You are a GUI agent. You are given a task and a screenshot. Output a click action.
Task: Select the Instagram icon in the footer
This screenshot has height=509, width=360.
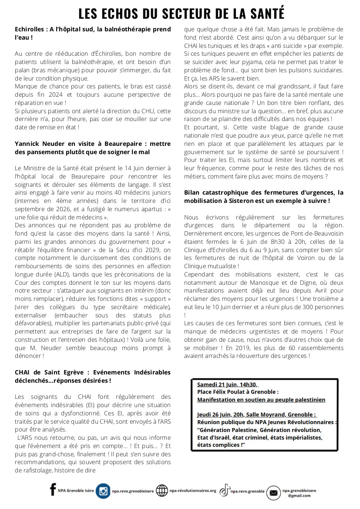(103, 491)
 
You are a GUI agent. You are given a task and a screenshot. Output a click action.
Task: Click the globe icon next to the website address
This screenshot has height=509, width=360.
(162, 491)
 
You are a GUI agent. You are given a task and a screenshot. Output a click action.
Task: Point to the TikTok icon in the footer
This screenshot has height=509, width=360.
(224, 491)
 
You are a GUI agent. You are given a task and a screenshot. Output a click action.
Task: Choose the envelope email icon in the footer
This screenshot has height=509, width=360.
(274, 492)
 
